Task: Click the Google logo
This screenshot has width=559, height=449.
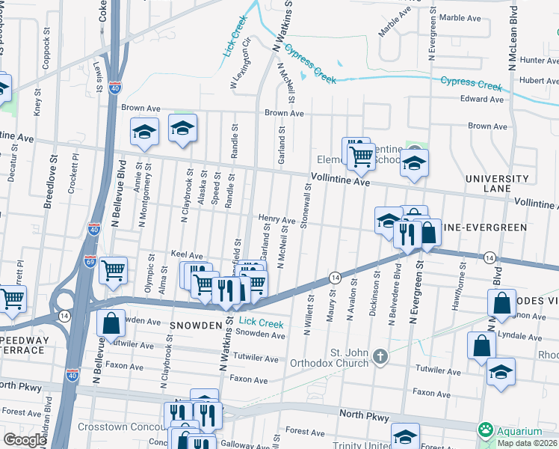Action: (25, 440)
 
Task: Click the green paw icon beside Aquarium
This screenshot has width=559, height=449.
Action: (486, 430)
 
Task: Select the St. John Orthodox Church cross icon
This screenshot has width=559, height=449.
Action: (380, 356)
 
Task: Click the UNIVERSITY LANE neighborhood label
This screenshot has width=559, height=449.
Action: (496, 185)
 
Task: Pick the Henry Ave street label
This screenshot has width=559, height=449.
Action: (277, 219)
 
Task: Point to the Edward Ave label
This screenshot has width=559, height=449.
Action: (482, 99)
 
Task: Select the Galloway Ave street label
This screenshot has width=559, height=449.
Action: (258, 444)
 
